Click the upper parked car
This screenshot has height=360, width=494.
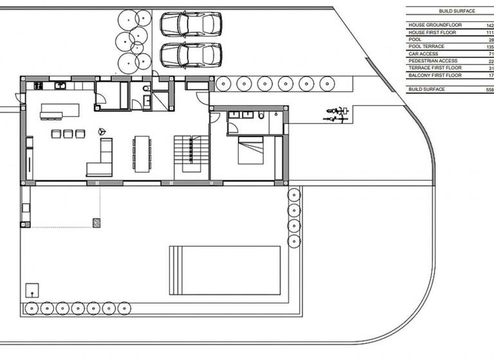click(x=190, y=25)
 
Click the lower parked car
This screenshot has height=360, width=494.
click(x=190, y=55)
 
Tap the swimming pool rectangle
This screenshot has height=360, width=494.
click(x=224, y=270)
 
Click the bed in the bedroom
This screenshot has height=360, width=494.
click(x=251, y=150)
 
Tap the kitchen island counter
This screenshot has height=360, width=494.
click(x=60, y=111)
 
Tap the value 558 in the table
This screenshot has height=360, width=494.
click(x=489, y=89)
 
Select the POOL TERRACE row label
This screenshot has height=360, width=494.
click(x=426, y=46)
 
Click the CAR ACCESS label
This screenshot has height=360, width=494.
click(x=423, y=54)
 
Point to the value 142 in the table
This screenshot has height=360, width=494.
click(x=489, y=25)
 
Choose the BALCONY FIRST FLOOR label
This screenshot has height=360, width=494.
click(x=435, y=75)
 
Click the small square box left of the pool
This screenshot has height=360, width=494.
click(x=31, y=289)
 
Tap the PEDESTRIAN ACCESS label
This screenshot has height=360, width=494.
click(x=432, y=61)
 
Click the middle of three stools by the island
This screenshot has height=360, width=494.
click(x=67, y=134)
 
